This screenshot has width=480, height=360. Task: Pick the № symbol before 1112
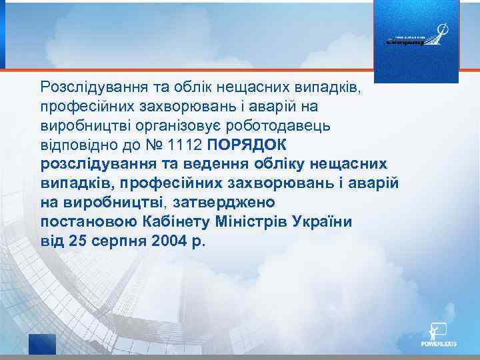point(151,145)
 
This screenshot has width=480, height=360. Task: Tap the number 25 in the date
point(77,240)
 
